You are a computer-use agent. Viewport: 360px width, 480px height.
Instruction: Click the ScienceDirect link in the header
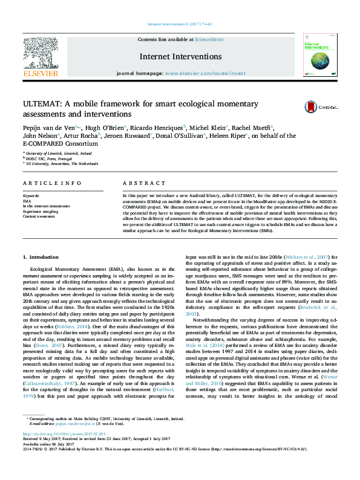coord(208,39)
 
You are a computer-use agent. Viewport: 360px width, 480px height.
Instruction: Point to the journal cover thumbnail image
coord(320,56)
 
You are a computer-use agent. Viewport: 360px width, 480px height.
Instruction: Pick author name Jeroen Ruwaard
coord(132,136)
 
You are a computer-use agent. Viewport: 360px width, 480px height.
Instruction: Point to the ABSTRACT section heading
coord(139,183)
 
